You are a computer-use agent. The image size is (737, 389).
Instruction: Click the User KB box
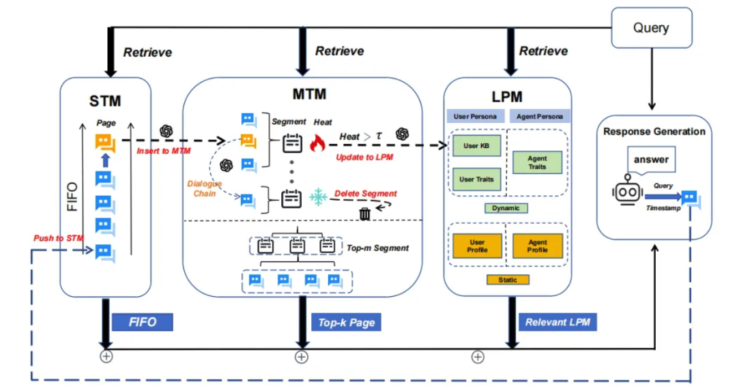476,146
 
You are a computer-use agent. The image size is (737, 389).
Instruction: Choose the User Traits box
476,179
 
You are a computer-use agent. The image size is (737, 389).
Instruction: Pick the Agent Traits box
537,162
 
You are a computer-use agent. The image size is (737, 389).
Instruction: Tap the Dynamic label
506,208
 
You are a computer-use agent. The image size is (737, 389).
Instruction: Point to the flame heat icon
317,143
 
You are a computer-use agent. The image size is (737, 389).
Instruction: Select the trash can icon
365,214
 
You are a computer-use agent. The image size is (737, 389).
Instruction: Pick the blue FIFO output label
143,322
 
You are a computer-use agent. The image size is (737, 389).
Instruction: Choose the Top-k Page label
346,322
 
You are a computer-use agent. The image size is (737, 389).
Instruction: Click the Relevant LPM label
557,322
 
